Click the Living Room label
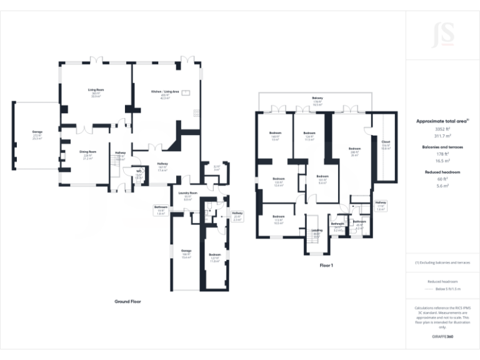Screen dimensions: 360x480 (x=96, y=90)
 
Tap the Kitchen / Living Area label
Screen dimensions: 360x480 (x=165, y=92)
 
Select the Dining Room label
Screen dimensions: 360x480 (x=87, y=152)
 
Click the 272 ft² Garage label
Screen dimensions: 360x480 (x=37, y=132)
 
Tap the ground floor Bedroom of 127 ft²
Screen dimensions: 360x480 (x=215, y=255)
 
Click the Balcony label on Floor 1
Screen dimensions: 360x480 (x=317, y=97)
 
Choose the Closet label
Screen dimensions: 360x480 (x=385, y=142)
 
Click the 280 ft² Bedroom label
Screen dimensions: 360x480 (x=355, y=148)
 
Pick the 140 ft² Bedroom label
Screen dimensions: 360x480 (x=275, y=133)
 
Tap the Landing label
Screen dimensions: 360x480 (x=317, y=231)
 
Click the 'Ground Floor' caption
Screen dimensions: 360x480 (x=127, y=301)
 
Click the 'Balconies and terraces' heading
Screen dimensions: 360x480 (x=442, y=146)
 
